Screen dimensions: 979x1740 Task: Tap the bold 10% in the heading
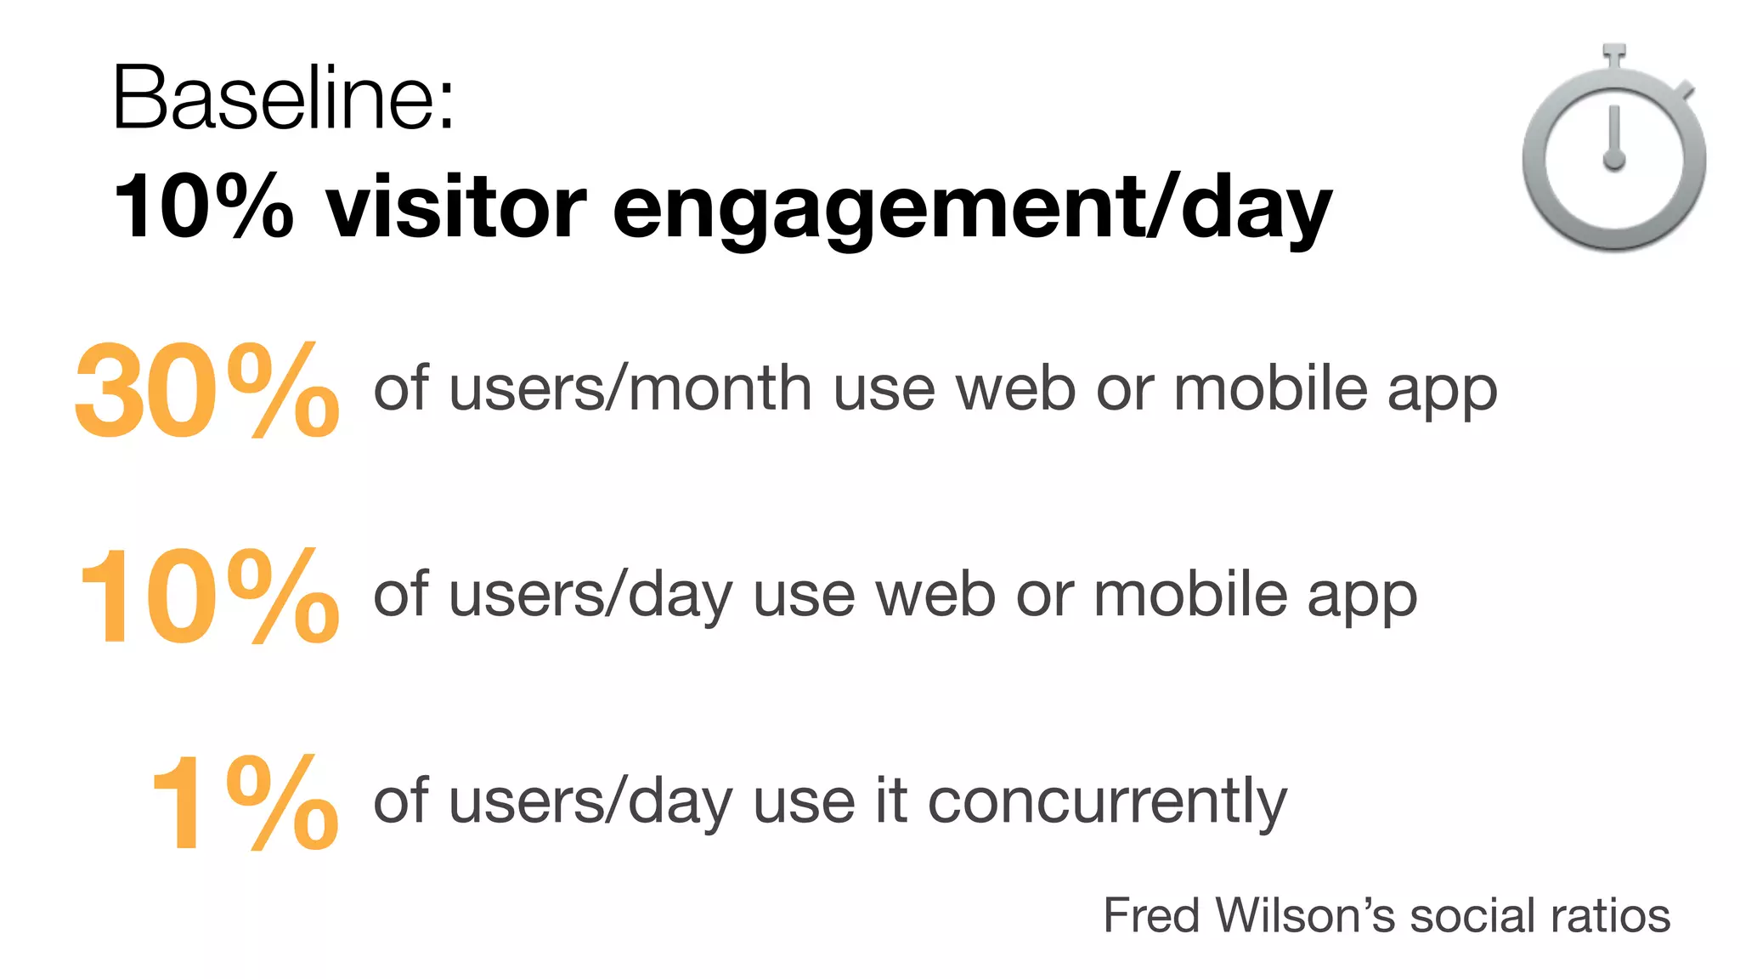coord(204,207)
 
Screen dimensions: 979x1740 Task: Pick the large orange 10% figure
coord(208,597)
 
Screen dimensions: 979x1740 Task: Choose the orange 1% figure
coord(245,802)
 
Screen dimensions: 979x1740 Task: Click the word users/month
coord(630,389)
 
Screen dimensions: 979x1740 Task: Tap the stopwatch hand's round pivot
coord(1613,159)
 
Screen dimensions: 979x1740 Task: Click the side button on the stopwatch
coord(1684,91)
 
